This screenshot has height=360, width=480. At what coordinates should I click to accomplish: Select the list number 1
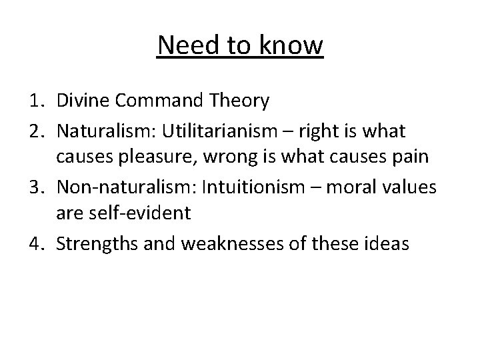point(37,101)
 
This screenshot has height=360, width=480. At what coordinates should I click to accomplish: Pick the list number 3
point(37,188)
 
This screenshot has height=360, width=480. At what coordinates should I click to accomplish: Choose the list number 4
point(37,244)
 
